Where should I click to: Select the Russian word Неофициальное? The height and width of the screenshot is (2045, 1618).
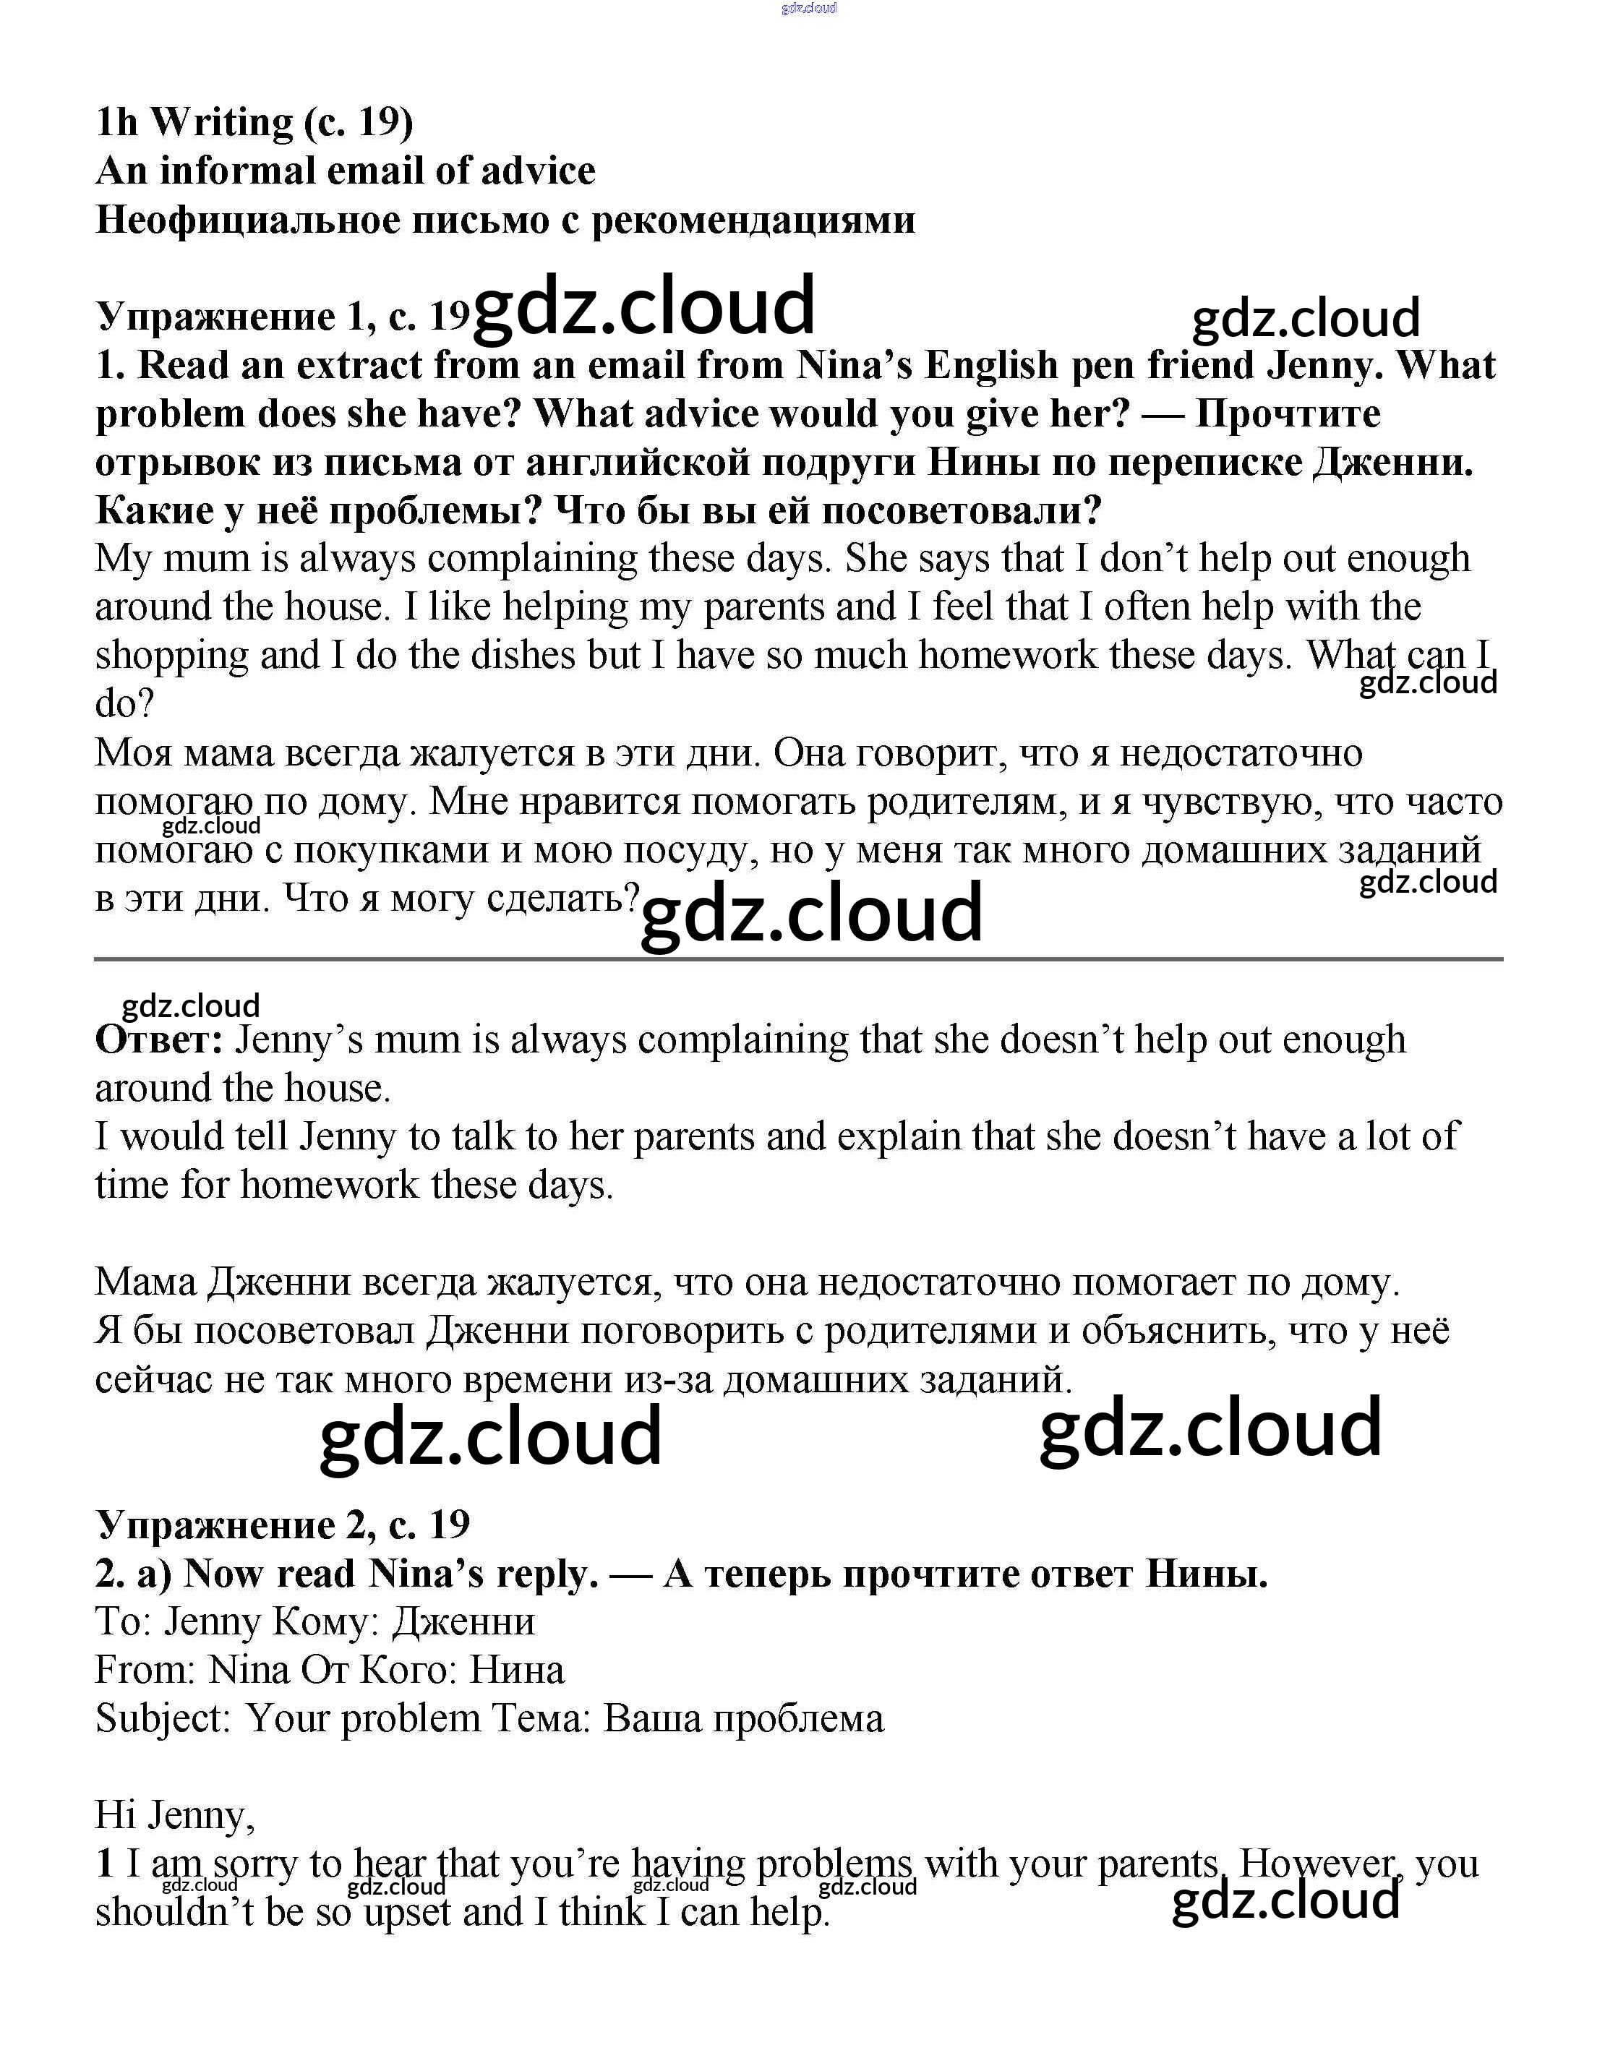click(x=245, y=220)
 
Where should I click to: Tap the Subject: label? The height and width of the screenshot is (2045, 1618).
click(x=163, y=1718)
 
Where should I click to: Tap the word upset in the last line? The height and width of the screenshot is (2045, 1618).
click(x=407, y=1911)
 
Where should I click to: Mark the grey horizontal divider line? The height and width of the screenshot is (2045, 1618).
click(x=799, y=959)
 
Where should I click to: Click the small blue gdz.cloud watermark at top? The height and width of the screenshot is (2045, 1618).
click(x=808, y=9)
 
